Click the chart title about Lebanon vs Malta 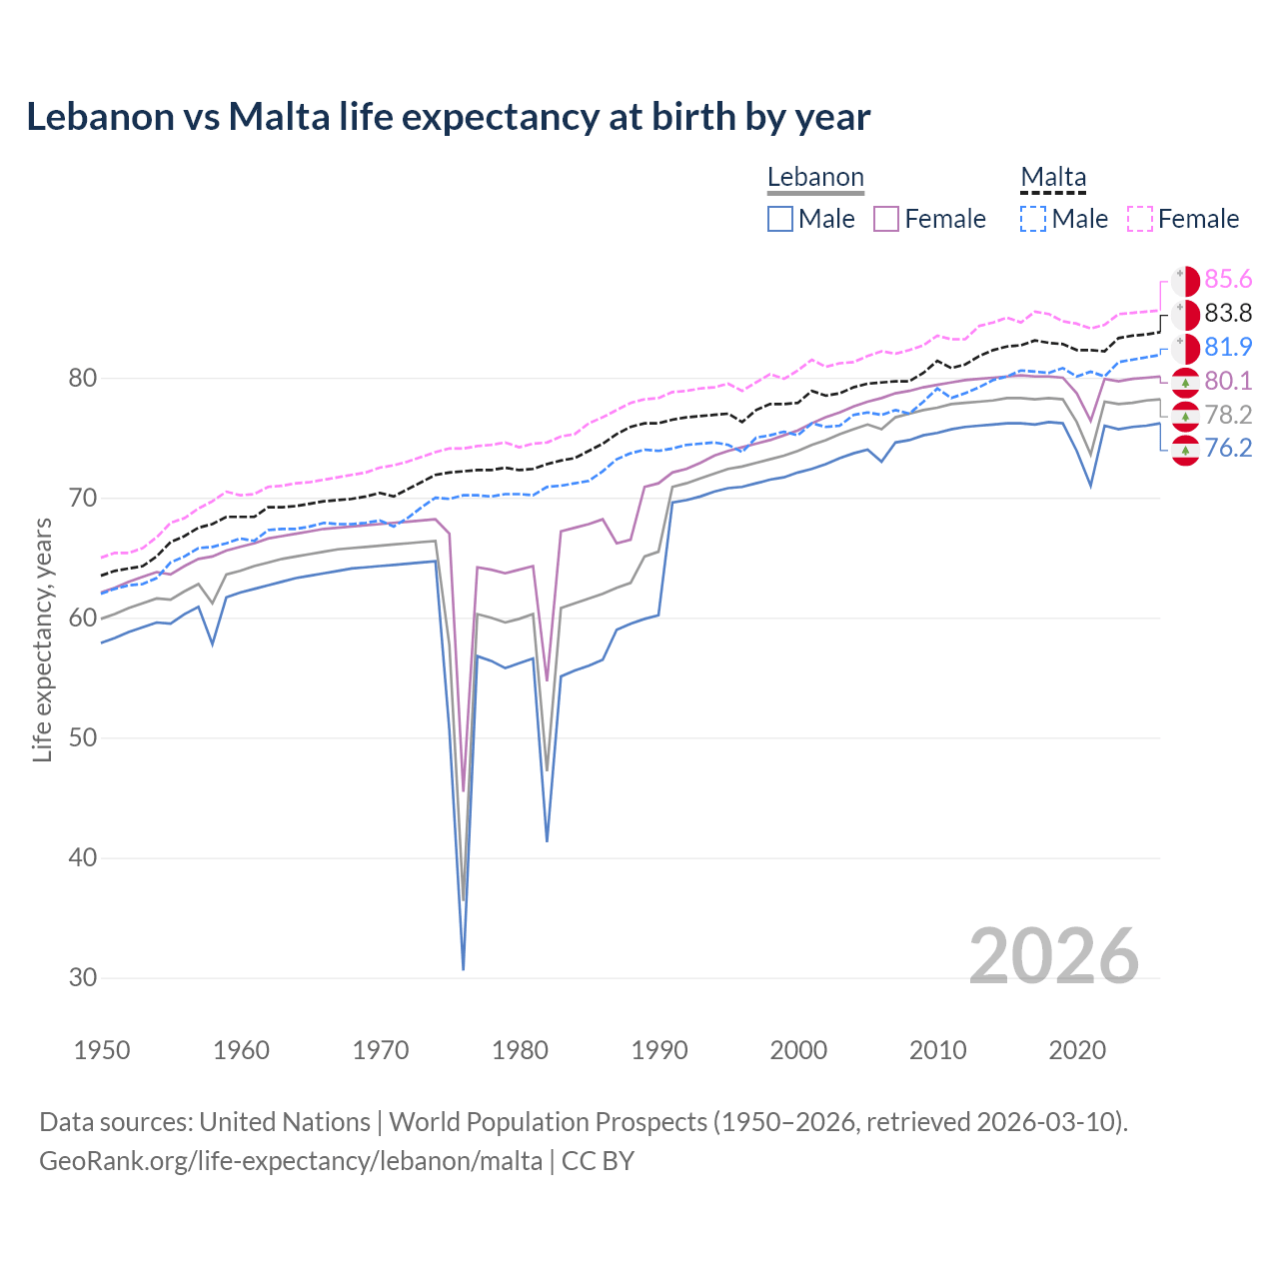(448, 117)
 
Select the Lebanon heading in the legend (815, 177)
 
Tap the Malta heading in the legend (1053, 177)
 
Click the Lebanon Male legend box (780, 219)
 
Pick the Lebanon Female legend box (886, 219)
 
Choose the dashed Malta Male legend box (1033, 219)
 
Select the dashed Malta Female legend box (1140, 219)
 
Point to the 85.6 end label (1228, 280)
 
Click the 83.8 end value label (1228, 314)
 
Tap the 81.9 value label (1228, 348)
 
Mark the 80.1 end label (1228, 381)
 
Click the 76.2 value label (1228, 448)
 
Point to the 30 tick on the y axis (83, 978)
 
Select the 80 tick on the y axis (83, 379)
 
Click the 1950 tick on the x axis (102, 1050)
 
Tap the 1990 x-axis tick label (659, 1050)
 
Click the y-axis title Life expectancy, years (43, 639)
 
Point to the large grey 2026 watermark (1053, 957)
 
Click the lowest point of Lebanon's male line (463, 969)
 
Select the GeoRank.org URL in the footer (291, 1161)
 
